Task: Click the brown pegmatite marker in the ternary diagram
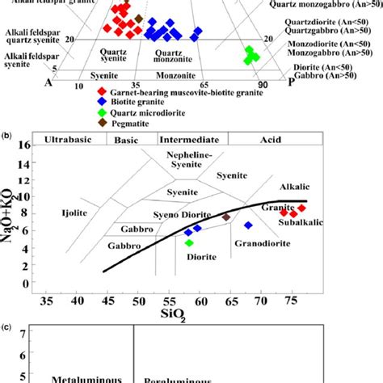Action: pos(139,18)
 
